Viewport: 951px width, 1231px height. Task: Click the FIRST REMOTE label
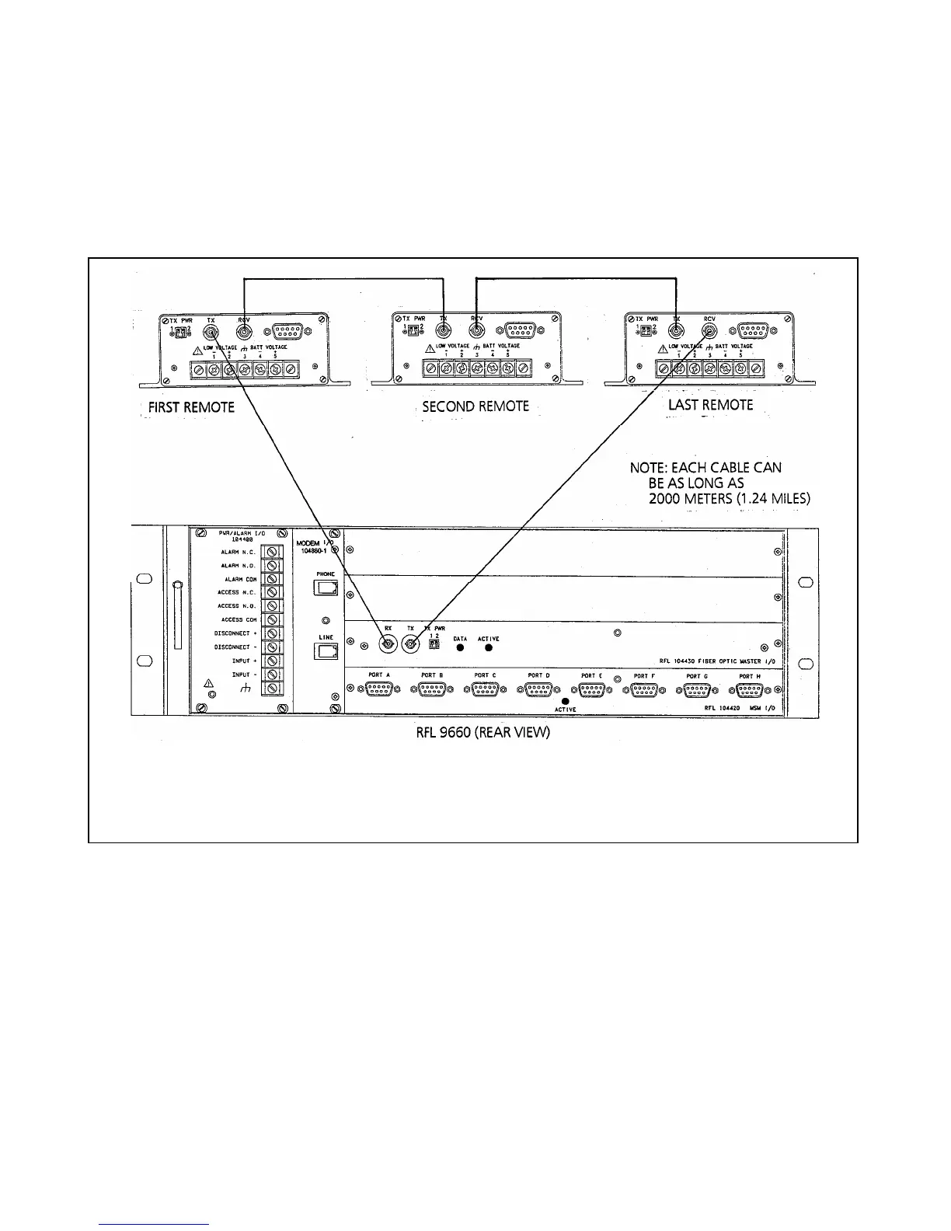(x=191, y=407)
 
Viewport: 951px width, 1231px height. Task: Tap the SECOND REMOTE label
(x=475, y=406)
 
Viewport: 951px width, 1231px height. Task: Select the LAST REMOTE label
(x=710, y=405)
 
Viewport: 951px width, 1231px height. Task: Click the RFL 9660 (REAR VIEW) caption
(x=482, y=733)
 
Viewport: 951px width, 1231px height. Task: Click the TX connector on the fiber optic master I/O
(x=410, y=644)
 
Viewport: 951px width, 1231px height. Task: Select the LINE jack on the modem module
(x=326, y=652)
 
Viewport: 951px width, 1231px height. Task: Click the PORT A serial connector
(x=379, y=689)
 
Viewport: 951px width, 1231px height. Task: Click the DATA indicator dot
(x=460, y=647)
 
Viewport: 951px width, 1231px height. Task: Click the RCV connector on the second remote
(x=475, y=333)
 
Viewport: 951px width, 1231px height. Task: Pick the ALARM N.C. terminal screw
(x=272, y=552)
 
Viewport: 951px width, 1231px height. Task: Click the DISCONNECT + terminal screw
(x=272, y=633)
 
